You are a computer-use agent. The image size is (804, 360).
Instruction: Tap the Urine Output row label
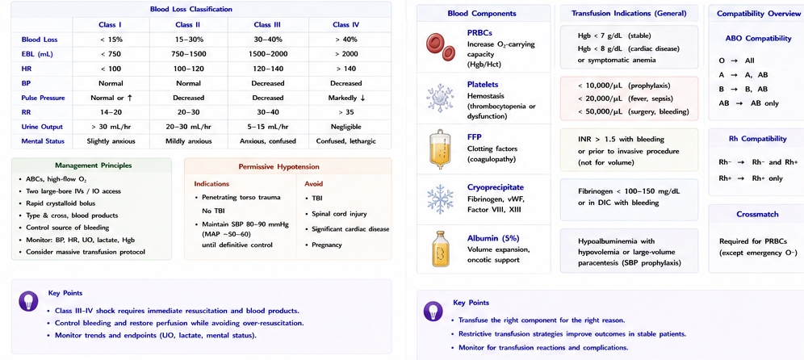(42, 127)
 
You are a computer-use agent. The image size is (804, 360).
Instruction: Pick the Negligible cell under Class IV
(346, 127)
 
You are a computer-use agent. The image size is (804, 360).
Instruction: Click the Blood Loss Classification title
(191, 9)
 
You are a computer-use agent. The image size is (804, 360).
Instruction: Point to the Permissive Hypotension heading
(279, 166)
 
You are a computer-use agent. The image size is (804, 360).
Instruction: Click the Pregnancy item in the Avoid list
(327, 245)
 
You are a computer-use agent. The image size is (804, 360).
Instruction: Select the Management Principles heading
(93, 165)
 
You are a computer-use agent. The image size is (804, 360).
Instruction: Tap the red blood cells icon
(441, 47)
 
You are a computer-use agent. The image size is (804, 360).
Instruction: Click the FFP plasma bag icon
(439, 149)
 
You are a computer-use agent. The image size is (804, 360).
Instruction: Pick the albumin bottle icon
(440, 250)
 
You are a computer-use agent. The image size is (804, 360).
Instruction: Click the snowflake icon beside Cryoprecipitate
(441, 199)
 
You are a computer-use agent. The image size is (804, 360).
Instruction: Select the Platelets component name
(483, 84)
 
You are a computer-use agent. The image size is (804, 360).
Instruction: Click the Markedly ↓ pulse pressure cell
(346, 98)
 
